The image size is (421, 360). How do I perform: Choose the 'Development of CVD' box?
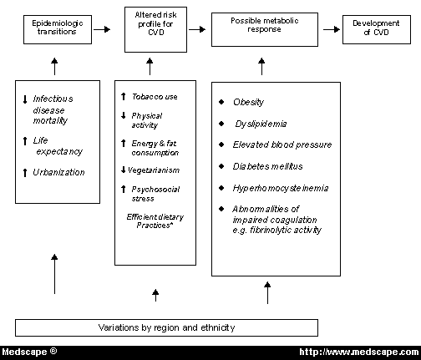(378, 29)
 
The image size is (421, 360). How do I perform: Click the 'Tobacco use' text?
(155, 97)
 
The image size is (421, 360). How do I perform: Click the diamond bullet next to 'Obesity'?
(221, 102)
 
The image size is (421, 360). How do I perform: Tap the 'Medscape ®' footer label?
(29, 351)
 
